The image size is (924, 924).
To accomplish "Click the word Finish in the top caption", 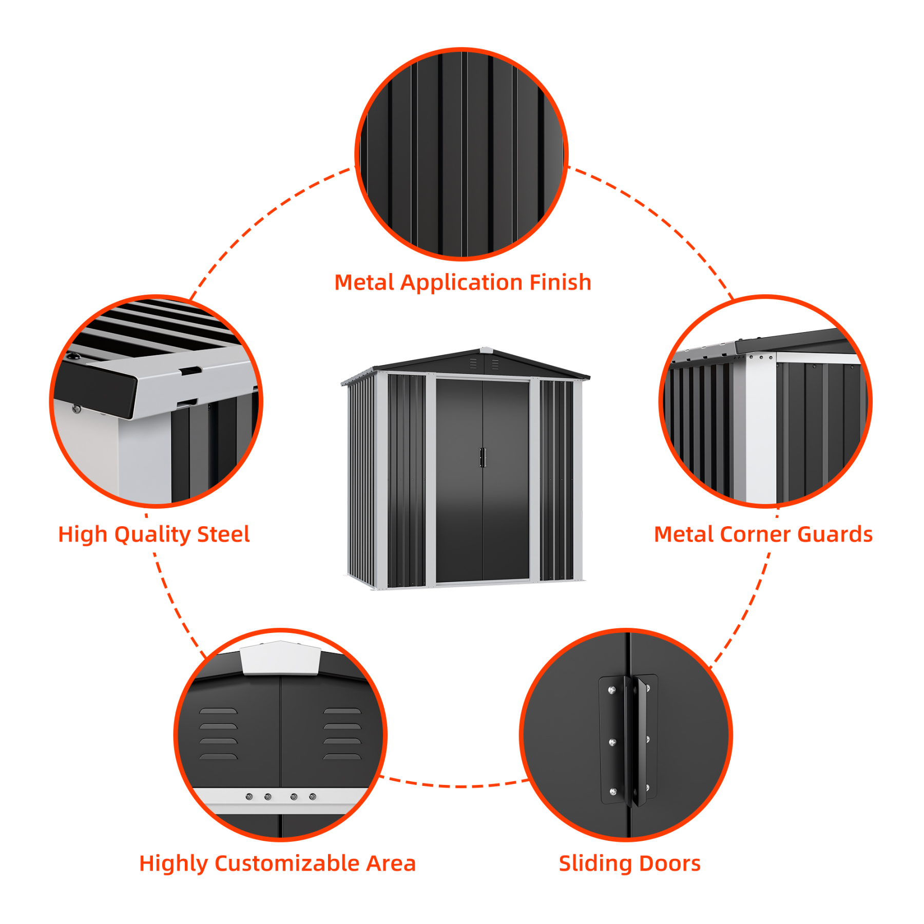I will tap(560, 283).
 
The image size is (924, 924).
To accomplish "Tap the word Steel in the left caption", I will tap(223, 534).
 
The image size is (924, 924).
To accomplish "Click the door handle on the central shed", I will tap(483, 457).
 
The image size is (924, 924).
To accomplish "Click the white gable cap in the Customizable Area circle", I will tap(281, 658).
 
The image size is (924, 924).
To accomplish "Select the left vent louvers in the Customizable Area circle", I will tap(218, 734).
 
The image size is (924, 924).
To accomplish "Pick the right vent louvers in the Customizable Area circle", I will tap(342, 734).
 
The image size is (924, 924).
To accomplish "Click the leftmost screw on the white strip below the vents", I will tap(249, 797).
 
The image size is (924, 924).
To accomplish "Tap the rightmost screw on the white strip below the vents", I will tap(313, 797).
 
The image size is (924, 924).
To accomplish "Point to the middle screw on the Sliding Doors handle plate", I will tap(612, 742).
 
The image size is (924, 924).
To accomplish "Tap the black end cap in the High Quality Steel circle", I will tap(95, 388).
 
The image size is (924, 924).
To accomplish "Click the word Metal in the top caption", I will tap(365, 283).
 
